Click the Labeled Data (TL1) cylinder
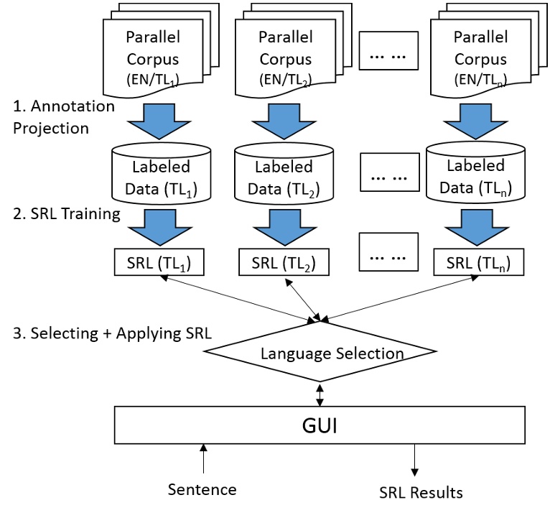pos(161,175)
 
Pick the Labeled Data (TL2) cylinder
pos(284,175)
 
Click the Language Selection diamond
pos(320,353)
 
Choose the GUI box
pos(321,425)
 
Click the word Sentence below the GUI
pos(202,490)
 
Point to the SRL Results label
pos(421,492)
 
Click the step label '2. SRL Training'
pos(66,213)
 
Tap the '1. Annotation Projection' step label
pos(63,117)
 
